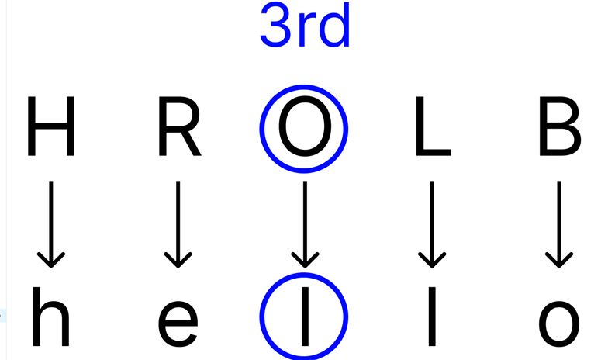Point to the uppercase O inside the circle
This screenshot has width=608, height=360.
pyautogui.click(x=304, y=128)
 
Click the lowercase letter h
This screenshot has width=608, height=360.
pyautogui.click(x=51, y=317)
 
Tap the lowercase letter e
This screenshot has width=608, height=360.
pyautogui.click(x=178, y=322)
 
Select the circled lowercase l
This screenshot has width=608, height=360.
pyautogui.click(x=304, y=317)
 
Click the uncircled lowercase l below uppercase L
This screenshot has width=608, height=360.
pyautogui.click(x=431, y=317)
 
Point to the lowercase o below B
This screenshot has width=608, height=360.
pyautogui.click(x=558, y=322)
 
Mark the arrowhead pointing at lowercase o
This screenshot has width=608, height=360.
pyautogui.click(x=558, y=261)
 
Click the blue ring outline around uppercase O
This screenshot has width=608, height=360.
pyautogui.click(x=261, y=128)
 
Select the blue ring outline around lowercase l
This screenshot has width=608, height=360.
pyautogui.click(x=261, y=317)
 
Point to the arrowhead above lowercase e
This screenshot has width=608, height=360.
pyautogui.click(x=178, y=261)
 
